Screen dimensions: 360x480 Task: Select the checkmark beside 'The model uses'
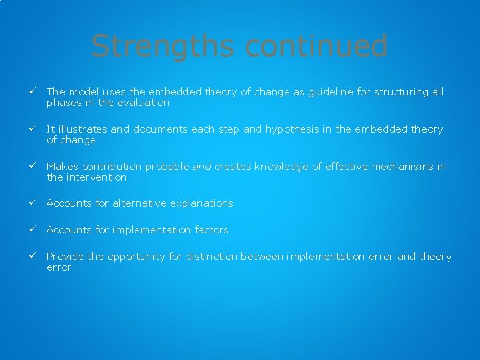(31, 92)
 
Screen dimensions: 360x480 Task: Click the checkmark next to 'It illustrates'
(31, 129)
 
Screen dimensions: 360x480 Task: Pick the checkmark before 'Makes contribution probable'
(31, 167)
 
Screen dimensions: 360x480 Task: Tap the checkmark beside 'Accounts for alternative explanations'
(31, 203)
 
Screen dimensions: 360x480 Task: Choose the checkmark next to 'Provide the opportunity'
(31, 257)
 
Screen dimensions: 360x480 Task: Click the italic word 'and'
(202, 167)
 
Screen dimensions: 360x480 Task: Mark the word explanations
(200, 203)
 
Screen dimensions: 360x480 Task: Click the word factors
(211, 230)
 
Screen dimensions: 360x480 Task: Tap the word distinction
(211, 257)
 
